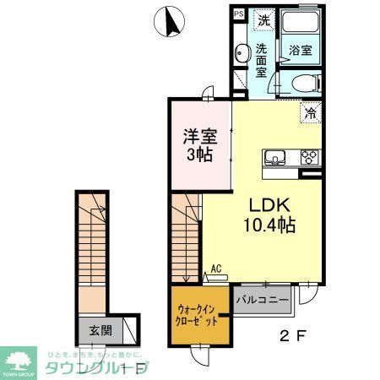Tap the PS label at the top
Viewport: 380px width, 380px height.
[239, 14]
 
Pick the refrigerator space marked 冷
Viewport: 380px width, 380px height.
[311, 111]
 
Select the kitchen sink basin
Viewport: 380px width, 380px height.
[277, 156]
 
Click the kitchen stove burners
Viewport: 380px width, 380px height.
[307, 156]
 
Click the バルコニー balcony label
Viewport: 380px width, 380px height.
[263, 299]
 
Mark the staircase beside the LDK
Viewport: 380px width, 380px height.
[186, 236]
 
